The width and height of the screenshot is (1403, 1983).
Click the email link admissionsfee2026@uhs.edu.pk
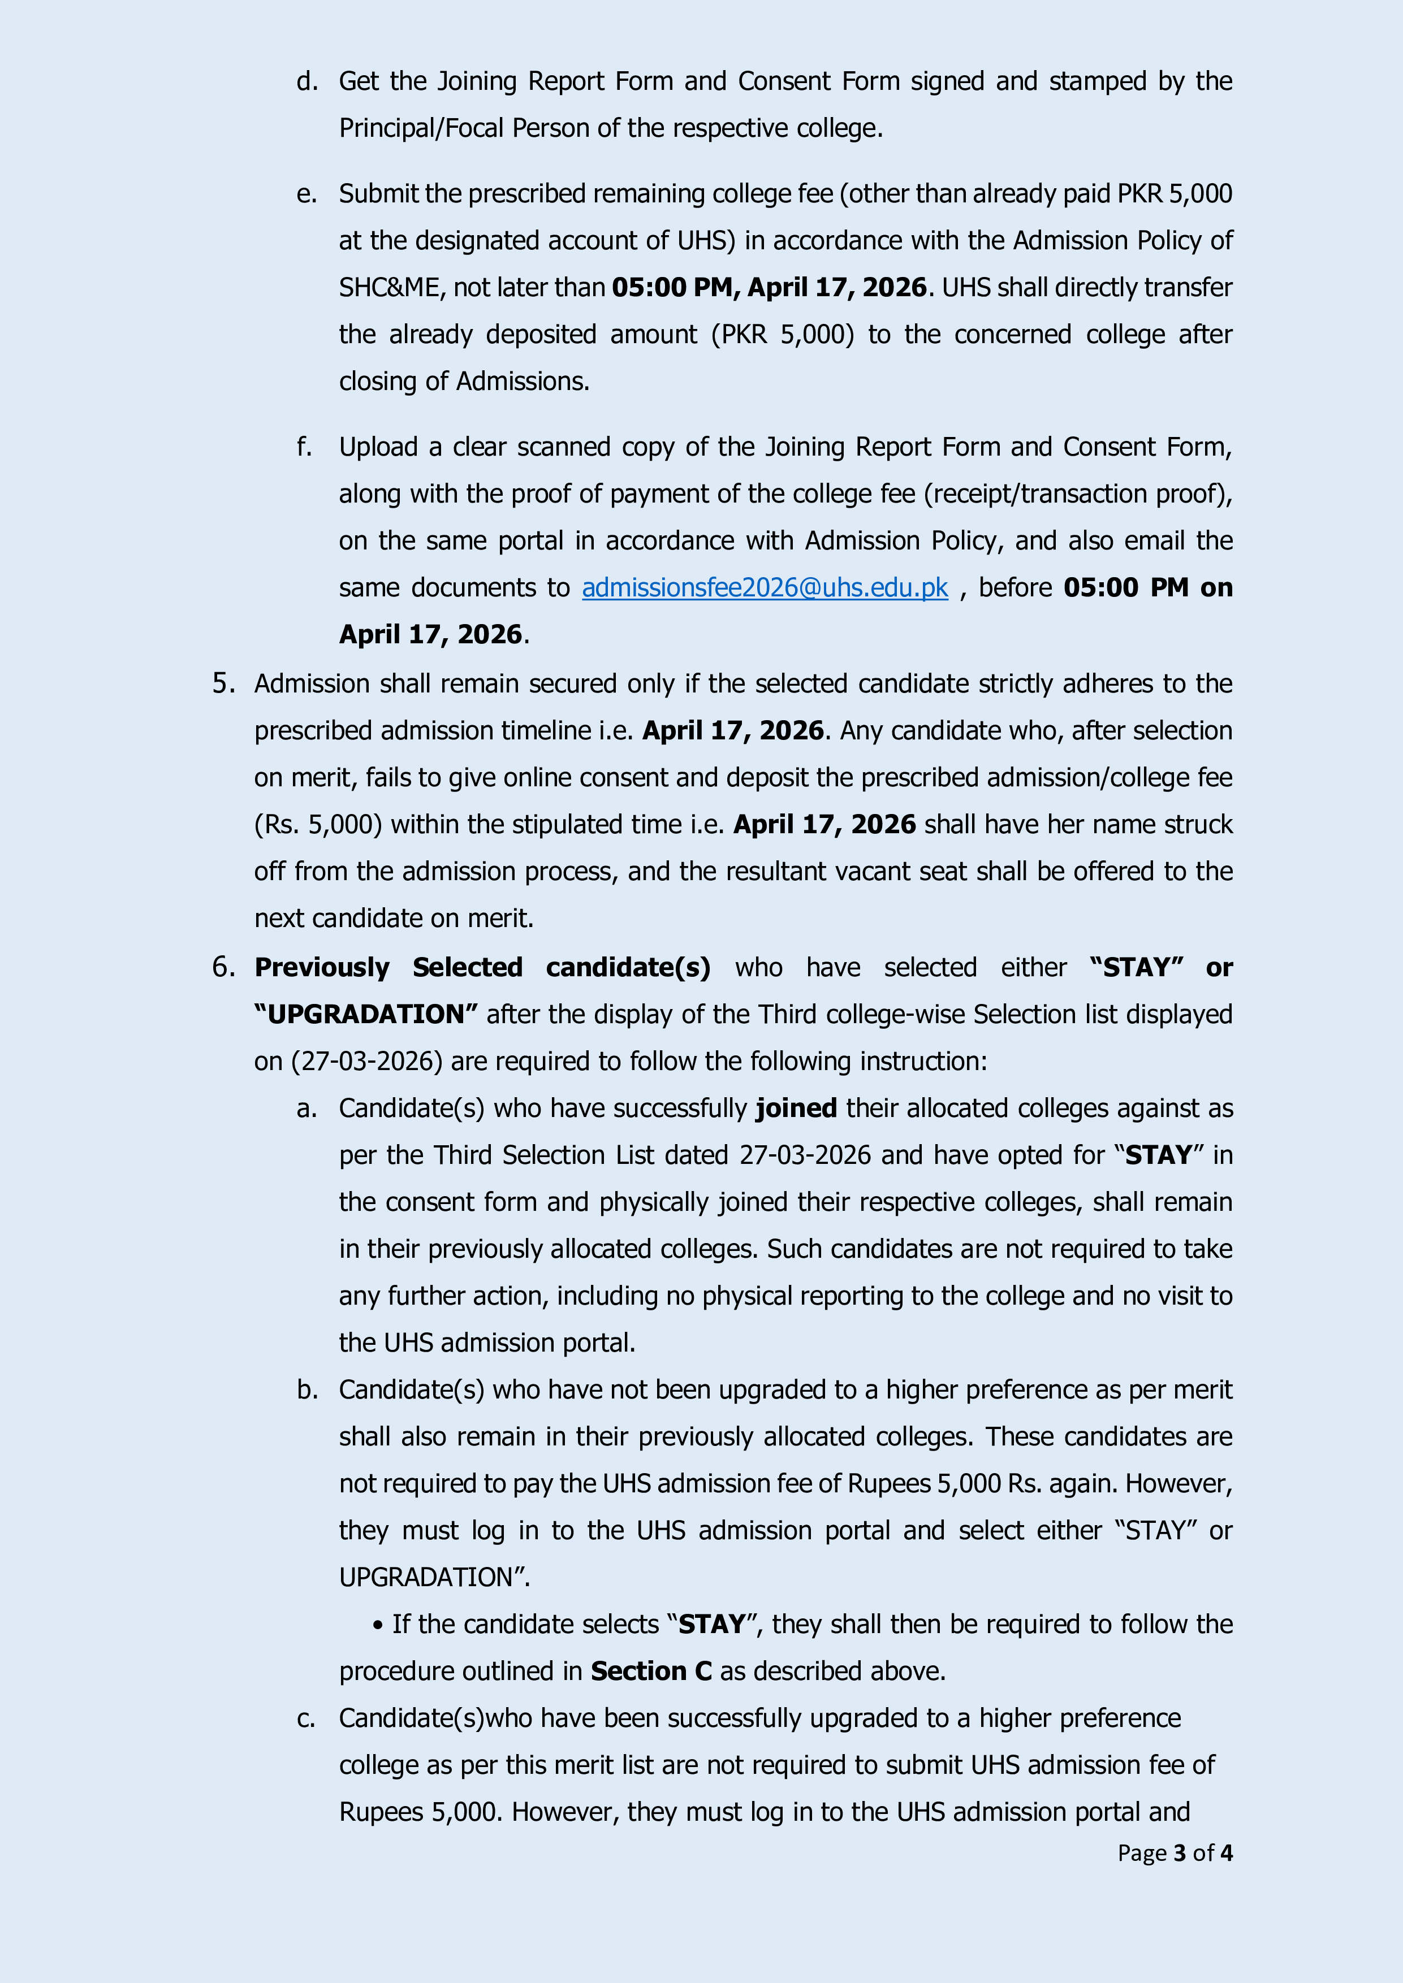point(765,588)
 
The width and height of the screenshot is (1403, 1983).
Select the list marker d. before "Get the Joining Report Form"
point(306,82)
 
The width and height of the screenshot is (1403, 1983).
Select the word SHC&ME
point(388,288)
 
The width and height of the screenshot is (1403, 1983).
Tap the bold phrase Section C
point(650,1671)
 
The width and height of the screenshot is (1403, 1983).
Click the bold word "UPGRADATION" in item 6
point(365,1015)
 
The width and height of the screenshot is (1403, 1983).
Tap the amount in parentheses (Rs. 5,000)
point(318,825)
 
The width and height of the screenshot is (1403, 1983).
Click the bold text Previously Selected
point(388,967)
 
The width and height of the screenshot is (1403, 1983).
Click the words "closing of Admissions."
point(464,382)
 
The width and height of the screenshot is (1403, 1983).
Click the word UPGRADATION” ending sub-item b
point(434,1578)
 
